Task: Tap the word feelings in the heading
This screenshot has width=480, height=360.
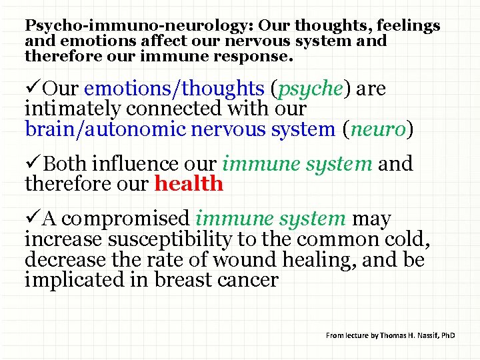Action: click(408, 26)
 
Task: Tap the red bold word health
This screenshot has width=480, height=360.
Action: click(189, 183)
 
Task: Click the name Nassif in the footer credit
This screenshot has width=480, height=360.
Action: click(425, 335)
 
